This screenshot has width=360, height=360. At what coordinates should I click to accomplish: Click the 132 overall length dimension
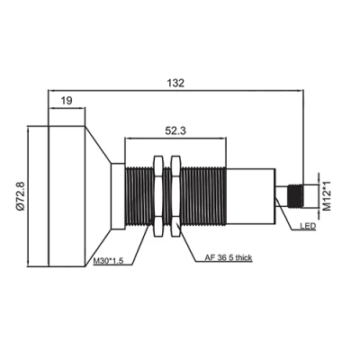click(x=175, y=83)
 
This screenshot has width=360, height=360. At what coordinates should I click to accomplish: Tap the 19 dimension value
click(x=67, y=101)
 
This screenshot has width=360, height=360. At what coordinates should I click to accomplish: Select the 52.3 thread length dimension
click(x=175, y=130)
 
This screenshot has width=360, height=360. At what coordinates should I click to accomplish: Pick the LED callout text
click(x=308, y=226)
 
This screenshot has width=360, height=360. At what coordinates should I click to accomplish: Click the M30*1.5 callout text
click(x=108, y=261)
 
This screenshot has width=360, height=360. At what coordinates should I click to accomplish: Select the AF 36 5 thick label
click(x=229, y=257)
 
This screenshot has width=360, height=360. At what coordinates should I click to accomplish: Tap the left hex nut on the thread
click(x=158, y=196)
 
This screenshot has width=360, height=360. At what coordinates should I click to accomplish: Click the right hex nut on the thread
click(x=175, y=196)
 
